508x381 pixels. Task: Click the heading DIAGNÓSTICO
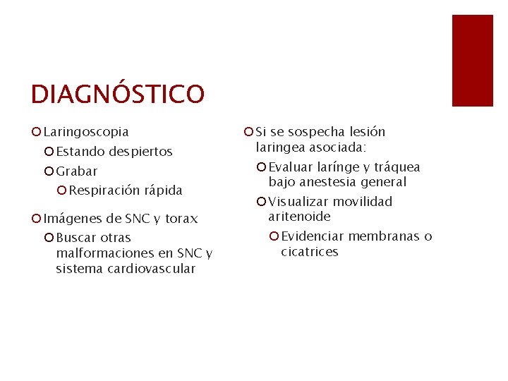click(x=117, y=94)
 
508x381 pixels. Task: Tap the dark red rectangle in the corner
click(x=472, y=61)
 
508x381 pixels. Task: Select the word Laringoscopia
click(x=86, y=132)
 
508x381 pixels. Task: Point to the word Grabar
click(x=77, y=171)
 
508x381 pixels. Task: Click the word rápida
click(x=163, y=190)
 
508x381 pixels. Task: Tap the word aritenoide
click(x=299, y=217)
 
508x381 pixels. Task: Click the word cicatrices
click(x=309, y=252)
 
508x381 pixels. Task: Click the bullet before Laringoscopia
click(x=37, y=132)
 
